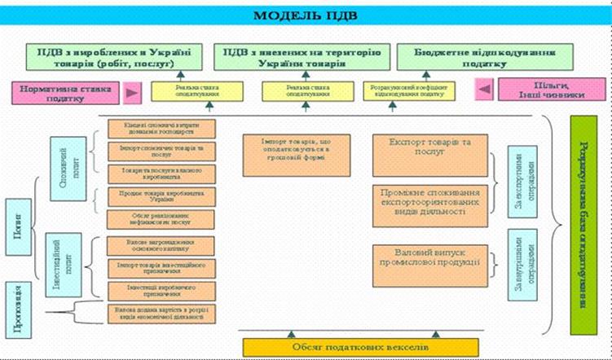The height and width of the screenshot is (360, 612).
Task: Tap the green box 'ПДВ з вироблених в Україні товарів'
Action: [114, 56]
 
